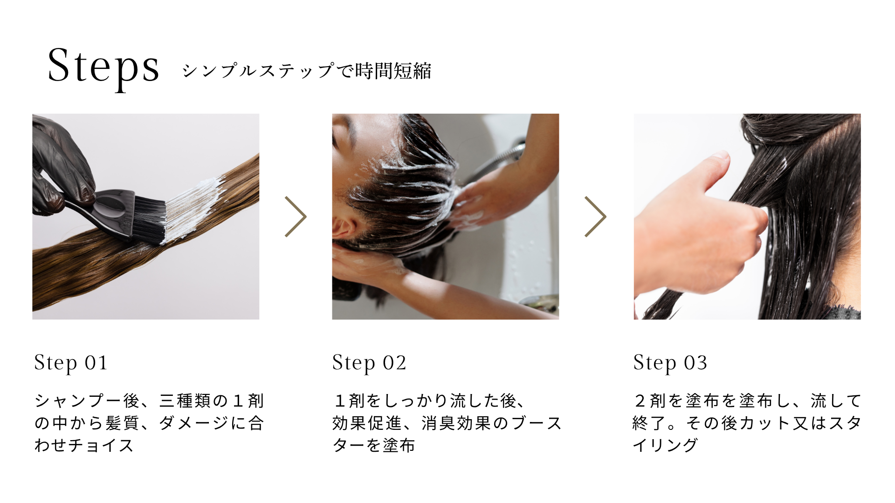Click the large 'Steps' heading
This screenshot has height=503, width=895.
click(x=103, y=68)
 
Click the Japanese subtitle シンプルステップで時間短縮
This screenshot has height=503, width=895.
click(x=306, y=71)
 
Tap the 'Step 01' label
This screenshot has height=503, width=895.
click(x=71, y=363)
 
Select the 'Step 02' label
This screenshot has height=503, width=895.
click(x=369, y=363)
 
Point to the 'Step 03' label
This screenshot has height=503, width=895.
click(x=670, y=363)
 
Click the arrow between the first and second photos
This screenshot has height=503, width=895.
click(x=296, y=217)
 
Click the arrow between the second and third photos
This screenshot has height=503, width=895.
click(x=596, y=217)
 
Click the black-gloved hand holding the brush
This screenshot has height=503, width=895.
click(x=61, y=163)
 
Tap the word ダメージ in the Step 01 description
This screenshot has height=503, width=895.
click(x=193, y=423)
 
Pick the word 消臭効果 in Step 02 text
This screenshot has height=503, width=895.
click(x=457, y=423)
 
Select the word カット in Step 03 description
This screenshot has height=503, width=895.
click(x=764, y=423)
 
